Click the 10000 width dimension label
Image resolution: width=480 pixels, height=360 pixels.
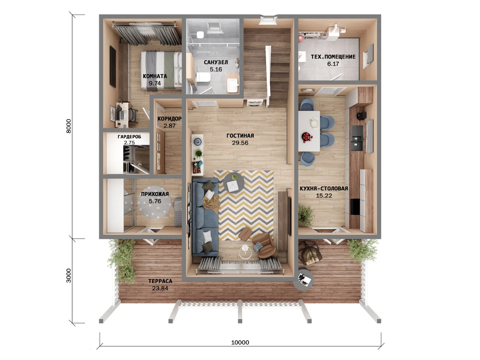coord(240,342)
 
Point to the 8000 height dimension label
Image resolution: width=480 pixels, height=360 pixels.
coord(69,126)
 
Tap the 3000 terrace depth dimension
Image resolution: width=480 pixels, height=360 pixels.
coord(69,276)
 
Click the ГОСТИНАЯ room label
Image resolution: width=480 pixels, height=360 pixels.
coord(240,136)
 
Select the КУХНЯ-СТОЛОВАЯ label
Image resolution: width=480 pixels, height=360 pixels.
coord(324,188)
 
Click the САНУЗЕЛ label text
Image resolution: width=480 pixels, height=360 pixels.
coord(216,62)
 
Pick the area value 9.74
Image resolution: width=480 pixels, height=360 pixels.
coord(155,83)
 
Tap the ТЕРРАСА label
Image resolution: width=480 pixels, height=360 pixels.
coord(160,281)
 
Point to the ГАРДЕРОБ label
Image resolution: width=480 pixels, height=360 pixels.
coord(130,137)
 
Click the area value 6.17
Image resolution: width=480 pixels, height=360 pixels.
coord(333,64)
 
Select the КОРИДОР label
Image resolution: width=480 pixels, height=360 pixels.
coord(169,119)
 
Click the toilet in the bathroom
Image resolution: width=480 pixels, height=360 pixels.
coord(203,77)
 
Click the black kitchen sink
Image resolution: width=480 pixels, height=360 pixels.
coord(357,138)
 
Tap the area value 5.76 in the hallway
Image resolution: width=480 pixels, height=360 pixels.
coord(155,201)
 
